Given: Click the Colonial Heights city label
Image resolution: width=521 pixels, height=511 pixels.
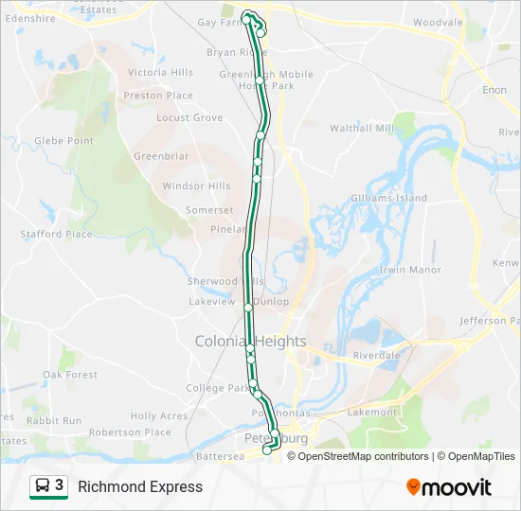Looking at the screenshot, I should point(250,341).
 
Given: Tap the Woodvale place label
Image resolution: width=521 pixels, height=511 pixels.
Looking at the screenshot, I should point(438,21).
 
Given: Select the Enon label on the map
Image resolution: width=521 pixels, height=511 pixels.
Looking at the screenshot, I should point(494,90).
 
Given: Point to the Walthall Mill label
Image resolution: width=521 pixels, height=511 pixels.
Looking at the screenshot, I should point(361,128).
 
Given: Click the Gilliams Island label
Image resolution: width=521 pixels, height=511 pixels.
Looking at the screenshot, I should point(388,199).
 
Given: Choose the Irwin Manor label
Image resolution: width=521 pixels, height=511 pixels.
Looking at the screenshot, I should point(410,270).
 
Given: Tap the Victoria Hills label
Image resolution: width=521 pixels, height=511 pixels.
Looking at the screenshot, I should point(160,72).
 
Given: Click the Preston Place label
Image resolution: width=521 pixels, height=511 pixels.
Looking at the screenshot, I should point(158,96).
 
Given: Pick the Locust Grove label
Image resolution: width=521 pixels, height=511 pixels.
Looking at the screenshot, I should point(189,118).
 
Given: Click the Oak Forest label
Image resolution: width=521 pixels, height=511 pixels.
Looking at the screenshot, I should point(70,375).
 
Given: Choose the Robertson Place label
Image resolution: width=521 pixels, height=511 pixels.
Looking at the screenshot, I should point(130,432).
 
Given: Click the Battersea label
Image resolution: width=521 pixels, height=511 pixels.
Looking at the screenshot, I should point(220,456).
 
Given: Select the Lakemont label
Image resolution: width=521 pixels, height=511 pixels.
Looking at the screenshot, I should point(372,413).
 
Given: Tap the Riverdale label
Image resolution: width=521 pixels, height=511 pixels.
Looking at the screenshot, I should point(378,356).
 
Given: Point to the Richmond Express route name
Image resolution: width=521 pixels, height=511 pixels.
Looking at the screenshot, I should point(140,487).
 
